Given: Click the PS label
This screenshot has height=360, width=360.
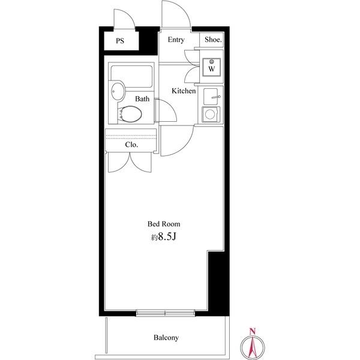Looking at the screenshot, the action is click(x=120, y=41).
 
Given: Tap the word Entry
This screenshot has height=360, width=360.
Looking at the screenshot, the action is click(x=176, y=40).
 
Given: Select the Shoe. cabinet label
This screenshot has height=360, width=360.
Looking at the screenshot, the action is click(x=213, y=40).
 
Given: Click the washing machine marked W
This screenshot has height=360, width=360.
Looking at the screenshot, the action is click(x=211, y=67).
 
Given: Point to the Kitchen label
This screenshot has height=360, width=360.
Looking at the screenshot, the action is click(x=184, y=91).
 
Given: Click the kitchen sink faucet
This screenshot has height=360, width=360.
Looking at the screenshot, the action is click(x=216, y=97).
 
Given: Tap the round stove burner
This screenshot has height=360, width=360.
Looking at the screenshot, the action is click(x=210, y=114).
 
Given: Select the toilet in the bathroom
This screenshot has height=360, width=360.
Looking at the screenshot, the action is click(x=130, y=114).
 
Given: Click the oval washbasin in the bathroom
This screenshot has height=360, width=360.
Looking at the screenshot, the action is click(x=118, y=91).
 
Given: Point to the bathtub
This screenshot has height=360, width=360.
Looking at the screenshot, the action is click(x=131, y=76).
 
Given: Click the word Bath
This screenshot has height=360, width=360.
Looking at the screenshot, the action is click(x=142, y=99).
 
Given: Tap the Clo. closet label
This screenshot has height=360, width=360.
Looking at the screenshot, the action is click(x=131, y=145).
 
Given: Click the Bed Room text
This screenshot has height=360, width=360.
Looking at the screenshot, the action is click(x=164, y=224).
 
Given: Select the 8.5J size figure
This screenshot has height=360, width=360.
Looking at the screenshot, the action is click(x=167, y=237).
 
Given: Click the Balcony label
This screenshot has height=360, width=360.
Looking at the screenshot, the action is click(x=166, y=338).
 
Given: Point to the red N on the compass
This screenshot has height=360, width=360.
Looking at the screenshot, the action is click(x=253, y=331).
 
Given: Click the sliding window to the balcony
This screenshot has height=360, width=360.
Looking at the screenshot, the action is click(x=166, y=313).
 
